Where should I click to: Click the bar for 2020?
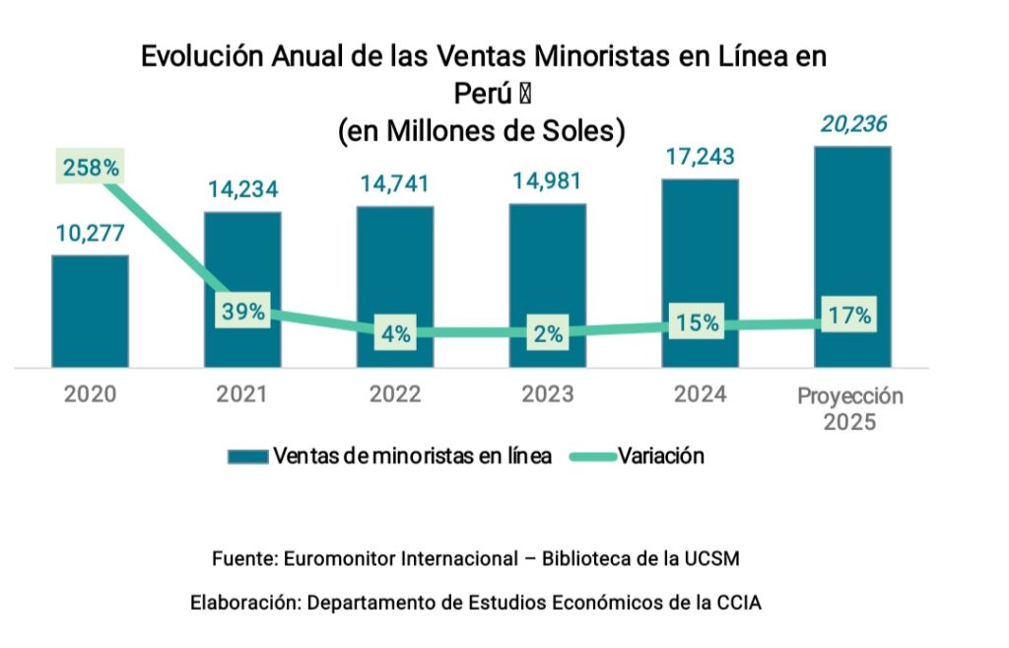[x=90, y=311]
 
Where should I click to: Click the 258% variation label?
[x=91, y=168]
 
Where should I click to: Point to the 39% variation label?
[x=242, y=312]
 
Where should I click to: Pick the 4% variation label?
[x=395, y=333]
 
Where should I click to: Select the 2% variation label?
[x=548, y=334]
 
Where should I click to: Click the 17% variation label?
[x=849, y=317]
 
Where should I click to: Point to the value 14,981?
[x=548, y=181]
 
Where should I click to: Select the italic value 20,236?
[x=852, y=124]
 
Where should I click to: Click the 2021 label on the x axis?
[x=242, y=395]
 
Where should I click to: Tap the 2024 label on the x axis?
[x=700, y=395]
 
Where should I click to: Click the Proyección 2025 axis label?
[x=850, y=408]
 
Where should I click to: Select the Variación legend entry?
[x=660, y=456]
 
